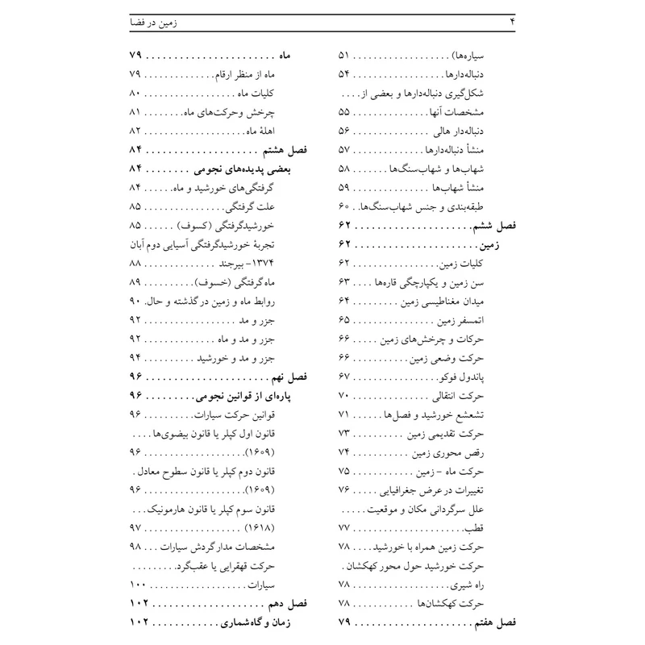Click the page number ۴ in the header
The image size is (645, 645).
click(x=512, y=23)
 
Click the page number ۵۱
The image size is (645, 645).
click(x=343, y=56)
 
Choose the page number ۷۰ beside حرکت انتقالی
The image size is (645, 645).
click(x=343, y=396)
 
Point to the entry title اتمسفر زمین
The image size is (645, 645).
click(x=486, y=321)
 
